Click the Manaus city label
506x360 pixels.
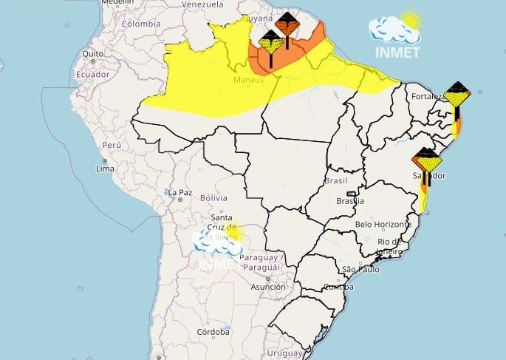[248, 79]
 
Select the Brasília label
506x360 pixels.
[349, 200]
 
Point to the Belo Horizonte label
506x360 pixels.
[383, 224]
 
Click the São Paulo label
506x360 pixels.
[360, 269]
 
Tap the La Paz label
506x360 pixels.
[180, 193]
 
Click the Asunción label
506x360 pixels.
[268, 287]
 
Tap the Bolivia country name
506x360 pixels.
[213, 197]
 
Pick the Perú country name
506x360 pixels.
[111, 146]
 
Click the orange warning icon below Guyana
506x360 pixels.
[287, 25]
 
